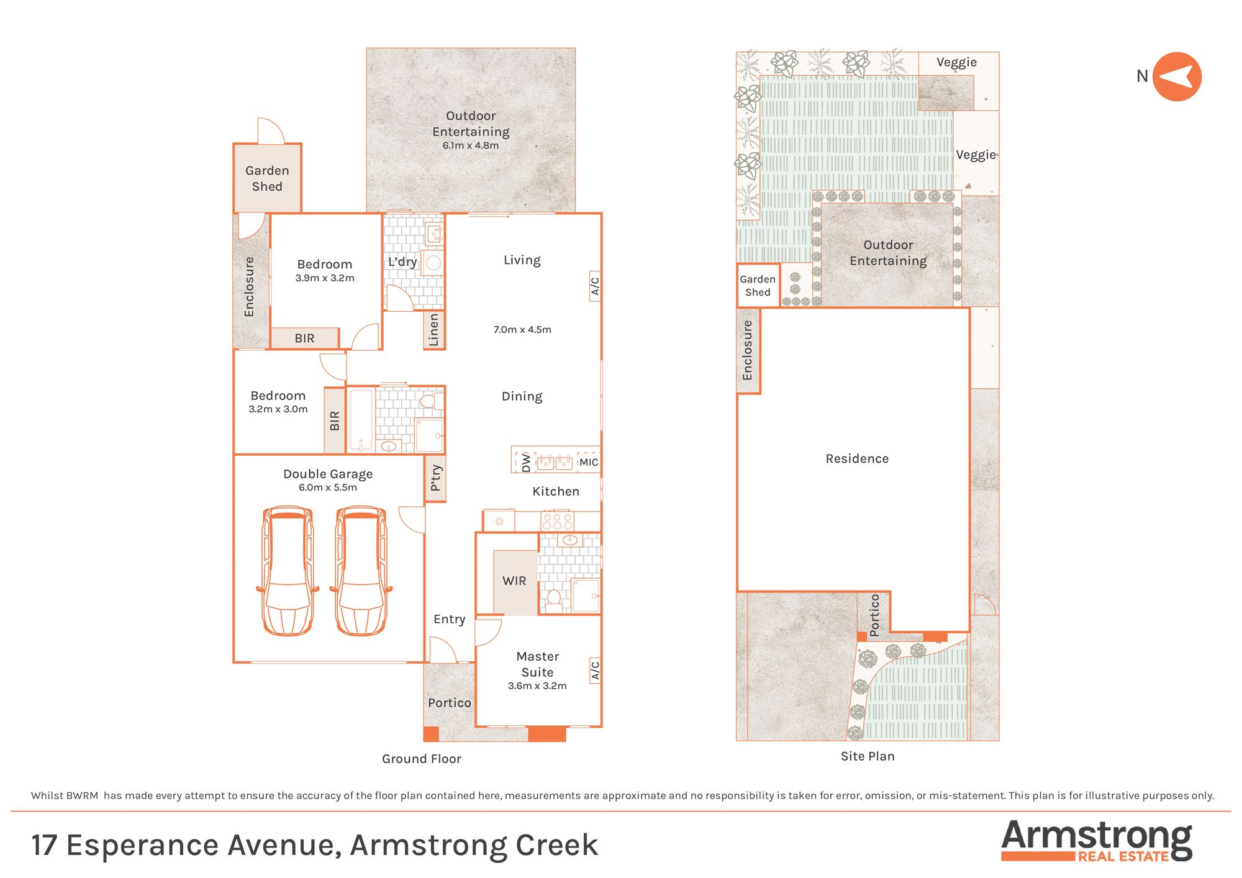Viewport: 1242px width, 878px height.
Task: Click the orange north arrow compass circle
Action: (1177, 76)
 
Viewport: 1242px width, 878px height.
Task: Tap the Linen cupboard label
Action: (434, 330)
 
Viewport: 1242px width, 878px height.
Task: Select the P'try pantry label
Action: (436, 478)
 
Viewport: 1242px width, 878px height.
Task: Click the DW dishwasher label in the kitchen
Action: (526, 463)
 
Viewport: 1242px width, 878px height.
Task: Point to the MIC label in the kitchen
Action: (589, 462)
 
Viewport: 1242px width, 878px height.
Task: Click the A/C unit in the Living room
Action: (595, 286)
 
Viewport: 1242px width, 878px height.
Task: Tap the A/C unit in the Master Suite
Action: (595, 670)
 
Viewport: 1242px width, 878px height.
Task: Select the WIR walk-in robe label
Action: (514, 581)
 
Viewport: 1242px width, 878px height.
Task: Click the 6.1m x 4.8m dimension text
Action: (471, 145)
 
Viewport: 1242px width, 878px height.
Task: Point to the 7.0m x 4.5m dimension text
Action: (522, 330)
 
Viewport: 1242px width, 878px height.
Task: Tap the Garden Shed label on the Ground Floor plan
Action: (267, 178)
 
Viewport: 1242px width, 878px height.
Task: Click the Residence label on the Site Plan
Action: (857, 459)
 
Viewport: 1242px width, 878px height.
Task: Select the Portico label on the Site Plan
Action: (874, 615)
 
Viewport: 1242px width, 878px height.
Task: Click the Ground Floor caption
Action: (422, 759)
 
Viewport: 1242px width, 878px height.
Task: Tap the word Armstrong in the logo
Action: (1097, 836)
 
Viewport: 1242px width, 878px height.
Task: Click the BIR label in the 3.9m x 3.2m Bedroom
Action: (304, 338)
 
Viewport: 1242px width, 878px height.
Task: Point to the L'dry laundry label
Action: (402, 262)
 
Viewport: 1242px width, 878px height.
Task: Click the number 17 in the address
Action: (44, 845)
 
